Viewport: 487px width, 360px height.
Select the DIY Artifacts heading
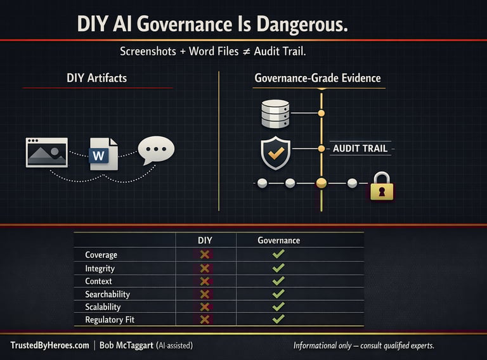(x=96, y=78)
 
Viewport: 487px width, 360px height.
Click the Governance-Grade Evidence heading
(x=318, y=78)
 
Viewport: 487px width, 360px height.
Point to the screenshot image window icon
(x=46, y=152)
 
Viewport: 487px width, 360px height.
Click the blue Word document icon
(x=103, y=153)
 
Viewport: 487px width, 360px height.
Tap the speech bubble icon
(x=155, y=151)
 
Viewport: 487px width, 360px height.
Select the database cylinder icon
(x=275, y=113)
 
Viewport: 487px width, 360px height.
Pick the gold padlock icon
(x=380, y=186)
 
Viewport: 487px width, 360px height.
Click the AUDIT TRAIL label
(x=360, y=149)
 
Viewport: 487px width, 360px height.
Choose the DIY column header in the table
(x=205, y=240)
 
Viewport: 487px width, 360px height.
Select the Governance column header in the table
(x=278, y=240)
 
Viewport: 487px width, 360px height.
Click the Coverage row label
(x=101, y=255)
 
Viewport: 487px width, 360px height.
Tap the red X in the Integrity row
(x=205, y=268)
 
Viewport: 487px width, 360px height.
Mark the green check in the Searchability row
(x=278, y=294)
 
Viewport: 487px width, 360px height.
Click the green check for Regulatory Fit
(x=278, y=319)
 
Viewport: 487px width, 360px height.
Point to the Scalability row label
(x=103, y=307)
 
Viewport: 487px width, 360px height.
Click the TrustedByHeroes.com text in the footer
(x=49, y=345)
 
